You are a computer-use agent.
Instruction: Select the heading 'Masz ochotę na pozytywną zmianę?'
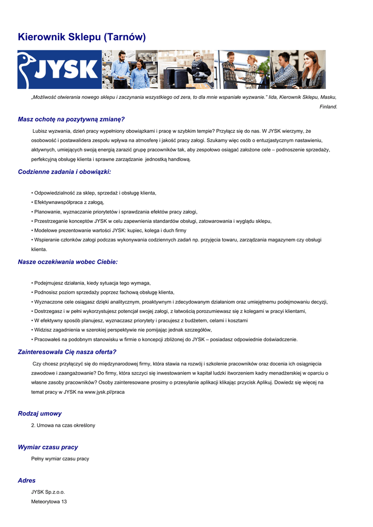coord(71,119)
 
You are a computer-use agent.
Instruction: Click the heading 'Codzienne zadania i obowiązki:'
coord(64,172)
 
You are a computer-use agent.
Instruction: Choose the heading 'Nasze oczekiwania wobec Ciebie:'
coord(67,262)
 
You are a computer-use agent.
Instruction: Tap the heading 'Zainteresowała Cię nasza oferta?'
coord(67,352)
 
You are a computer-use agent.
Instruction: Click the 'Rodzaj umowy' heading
coord(40,414)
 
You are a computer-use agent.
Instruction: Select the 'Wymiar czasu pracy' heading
coord(48,447)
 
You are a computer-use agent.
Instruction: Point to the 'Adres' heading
coord(27,481)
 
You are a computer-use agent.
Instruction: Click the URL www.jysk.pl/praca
coord(105,392)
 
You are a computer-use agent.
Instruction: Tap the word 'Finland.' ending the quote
coord(329,107)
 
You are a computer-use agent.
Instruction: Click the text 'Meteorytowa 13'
coord(49,501)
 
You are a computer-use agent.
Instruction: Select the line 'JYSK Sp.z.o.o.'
coord(48,492)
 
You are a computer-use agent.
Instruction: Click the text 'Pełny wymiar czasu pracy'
coord(60,459)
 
